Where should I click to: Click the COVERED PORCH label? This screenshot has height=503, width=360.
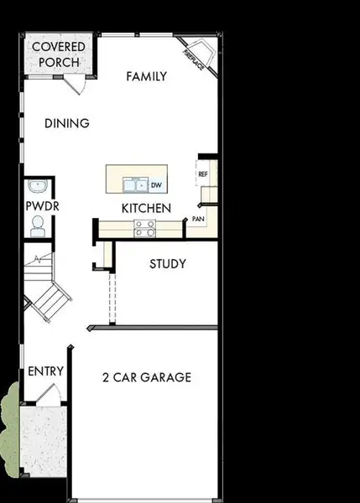coord(55,54)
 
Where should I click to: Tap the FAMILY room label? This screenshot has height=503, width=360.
coord(147,76)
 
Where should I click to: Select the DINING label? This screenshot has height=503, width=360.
coord(67,123)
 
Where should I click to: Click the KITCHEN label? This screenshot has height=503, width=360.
coord(146,207)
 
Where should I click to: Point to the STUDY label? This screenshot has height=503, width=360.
coord(168,264)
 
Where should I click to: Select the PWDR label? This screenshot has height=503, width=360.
coord(39,205)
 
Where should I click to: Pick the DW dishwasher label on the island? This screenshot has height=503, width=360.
coord(155,184)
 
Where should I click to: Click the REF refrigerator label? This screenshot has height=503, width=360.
coord(203,174)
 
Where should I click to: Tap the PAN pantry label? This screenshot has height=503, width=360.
coord(198,218)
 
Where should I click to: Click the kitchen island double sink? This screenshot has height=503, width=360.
coord(134,184)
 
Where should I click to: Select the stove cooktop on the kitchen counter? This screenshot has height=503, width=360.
coord(144,224)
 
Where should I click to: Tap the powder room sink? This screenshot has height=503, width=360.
coord(35,186)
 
